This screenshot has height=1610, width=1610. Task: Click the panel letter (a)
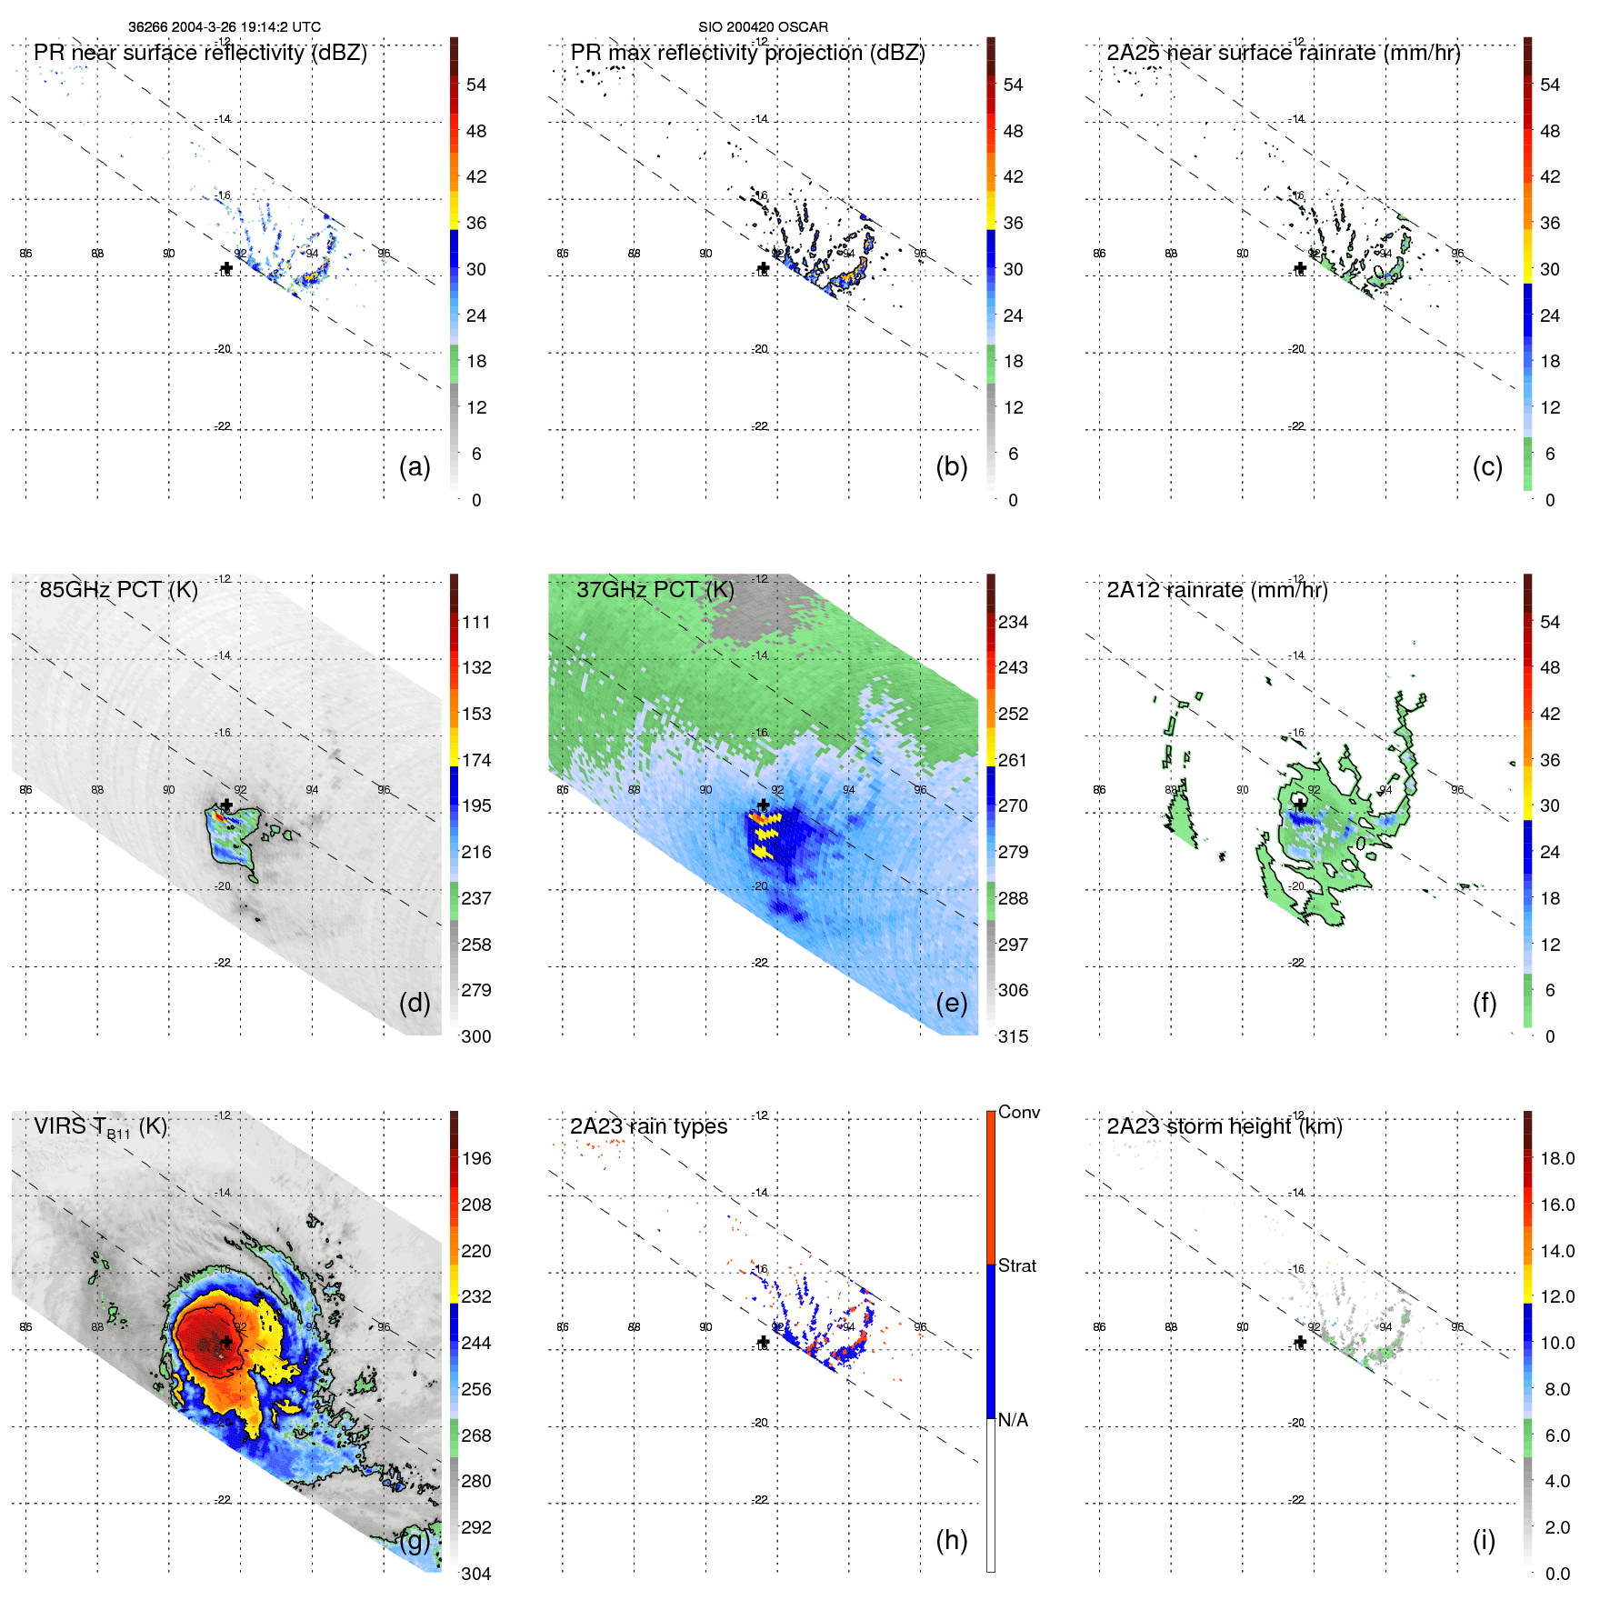point(415,467)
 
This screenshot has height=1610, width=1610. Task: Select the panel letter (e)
point(951,1004)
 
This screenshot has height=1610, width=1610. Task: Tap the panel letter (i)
point(1484,1540)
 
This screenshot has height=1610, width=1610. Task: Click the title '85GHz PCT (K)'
point(118,590)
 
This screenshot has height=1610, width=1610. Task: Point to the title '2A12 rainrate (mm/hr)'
point(1216,590)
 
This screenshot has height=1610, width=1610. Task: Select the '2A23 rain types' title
point(648,1126)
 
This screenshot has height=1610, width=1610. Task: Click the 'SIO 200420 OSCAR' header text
point(763,27)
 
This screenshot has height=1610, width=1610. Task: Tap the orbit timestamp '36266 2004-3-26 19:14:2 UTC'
point(224,27)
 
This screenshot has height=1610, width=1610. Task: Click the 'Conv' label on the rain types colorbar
point(1018,1113)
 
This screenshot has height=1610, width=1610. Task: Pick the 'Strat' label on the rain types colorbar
point(1016,1266)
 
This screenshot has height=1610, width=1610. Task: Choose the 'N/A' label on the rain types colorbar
point(1013,1420)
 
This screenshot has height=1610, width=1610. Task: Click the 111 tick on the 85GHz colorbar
point(476,623)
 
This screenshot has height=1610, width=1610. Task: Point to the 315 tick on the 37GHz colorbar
point(1013,1037)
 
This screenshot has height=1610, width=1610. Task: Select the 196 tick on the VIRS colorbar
point(476,1159)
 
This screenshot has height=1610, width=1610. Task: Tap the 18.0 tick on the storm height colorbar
point(1556,1159)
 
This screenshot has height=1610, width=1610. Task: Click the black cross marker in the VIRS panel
point(226,1342)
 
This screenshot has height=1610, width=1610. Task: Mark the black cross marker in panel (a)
point(226,268)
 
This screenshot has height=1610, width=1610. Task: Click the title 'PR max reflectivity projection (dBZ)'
point(747,53)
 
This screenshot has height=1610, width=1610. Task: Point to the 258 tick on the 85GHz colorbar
point(476,945)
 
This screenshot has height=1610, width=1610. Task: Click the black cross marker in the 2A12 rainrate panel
point(1300,805)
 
